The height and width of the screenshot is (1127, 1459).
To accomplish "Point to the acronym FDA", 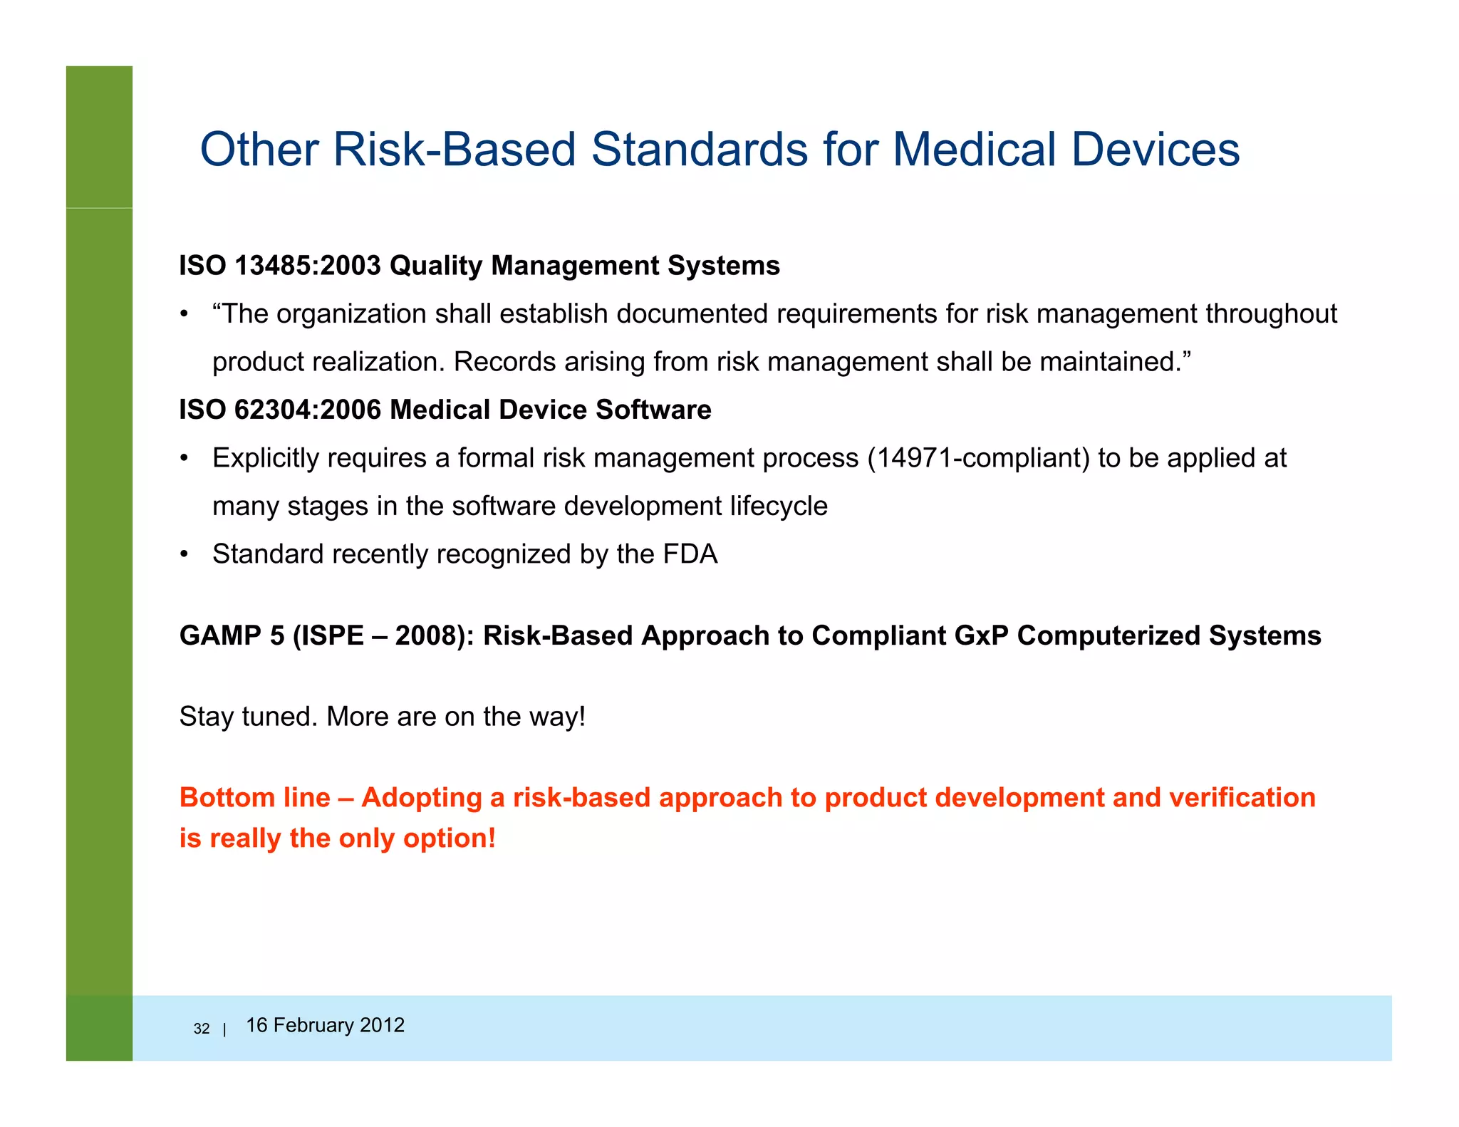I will click(x=690, y=554).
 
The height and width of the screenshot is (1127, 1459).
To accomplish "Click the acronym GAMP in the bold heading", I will click(x=221, y=635).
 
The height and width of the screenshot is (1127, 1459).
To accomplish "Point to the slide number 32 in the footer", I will click(x=202, y=1029).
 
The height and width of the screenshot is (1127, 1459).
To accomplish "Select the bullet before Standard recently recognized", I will click(x=184, y=555).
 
